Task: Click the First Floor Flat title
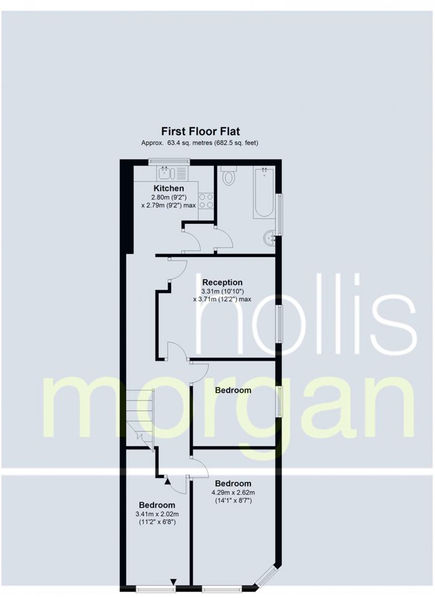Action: (200, 131)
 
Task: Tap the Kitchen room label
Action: (169, 188)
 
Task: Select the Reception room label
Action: (222, 282)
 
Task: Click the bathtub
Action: (264, 192)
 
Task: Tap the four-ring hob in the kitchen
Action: (206, 201)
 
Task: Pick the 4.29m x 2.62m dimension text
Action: (233, 492)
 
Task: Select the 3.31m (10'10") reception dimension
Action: (222, 291)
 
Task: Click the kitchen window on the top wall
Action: (169, 161)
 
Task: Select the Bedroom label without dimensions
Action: (233, 390)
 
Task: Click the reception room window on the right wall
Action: (279, 324)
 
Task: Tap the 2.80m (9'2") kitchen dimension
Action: (169, 198)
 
